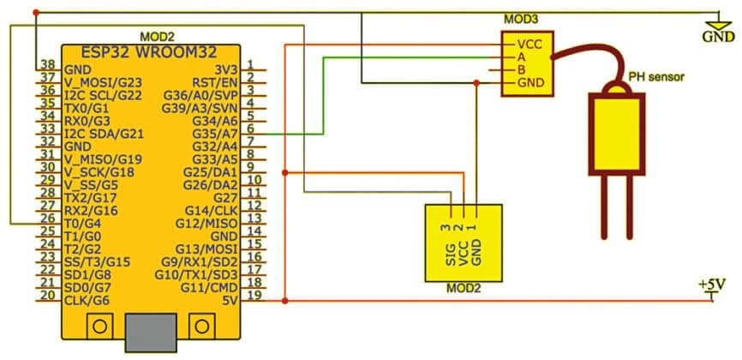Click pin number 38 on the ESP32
click(46, 65)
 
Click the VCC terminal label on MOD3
click(527, 43)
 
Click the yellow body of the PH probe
click(615, 133)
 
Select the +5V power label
click(713, 283)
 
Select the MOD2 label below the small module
click(464, 288)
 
